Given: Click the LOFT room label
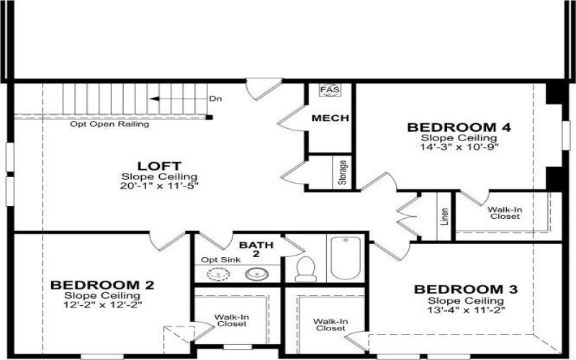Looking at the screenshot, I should tap(159, 165).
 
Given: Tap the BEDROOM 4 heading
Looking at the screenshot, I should tap(459, 127).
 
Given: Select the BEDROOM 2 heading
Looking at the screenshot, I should tap(102, 285).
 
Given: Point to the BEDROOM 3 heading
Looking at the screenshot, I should tap(465, 289).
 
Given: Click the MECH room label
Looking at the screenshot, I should tap(330, 118).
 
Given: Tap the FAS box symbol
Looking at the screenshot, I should tap(330, 91).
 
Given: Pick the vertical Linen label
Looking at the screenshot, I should tap(444, 217).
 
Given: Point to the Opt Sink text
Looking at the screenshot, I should tap(219, 259).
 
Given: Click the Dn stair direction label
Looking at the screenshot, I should tap(215, 99).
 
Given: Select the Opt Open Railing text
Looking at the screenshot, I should tap(109, 124).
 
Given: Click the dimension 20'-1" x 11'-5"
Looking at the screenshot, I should tap(159, 186).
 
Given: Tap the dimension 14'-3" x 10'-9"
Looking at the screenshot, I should tap(459, 146).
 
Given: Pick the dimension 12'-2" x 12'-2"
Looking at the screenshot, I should tap(102, 305).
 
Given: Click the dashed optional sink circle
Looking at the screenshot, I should tap(215, 274).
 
